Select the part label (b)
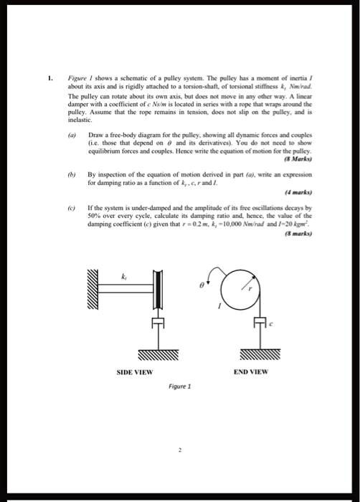pyautogui.click(x=71, y=173)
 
